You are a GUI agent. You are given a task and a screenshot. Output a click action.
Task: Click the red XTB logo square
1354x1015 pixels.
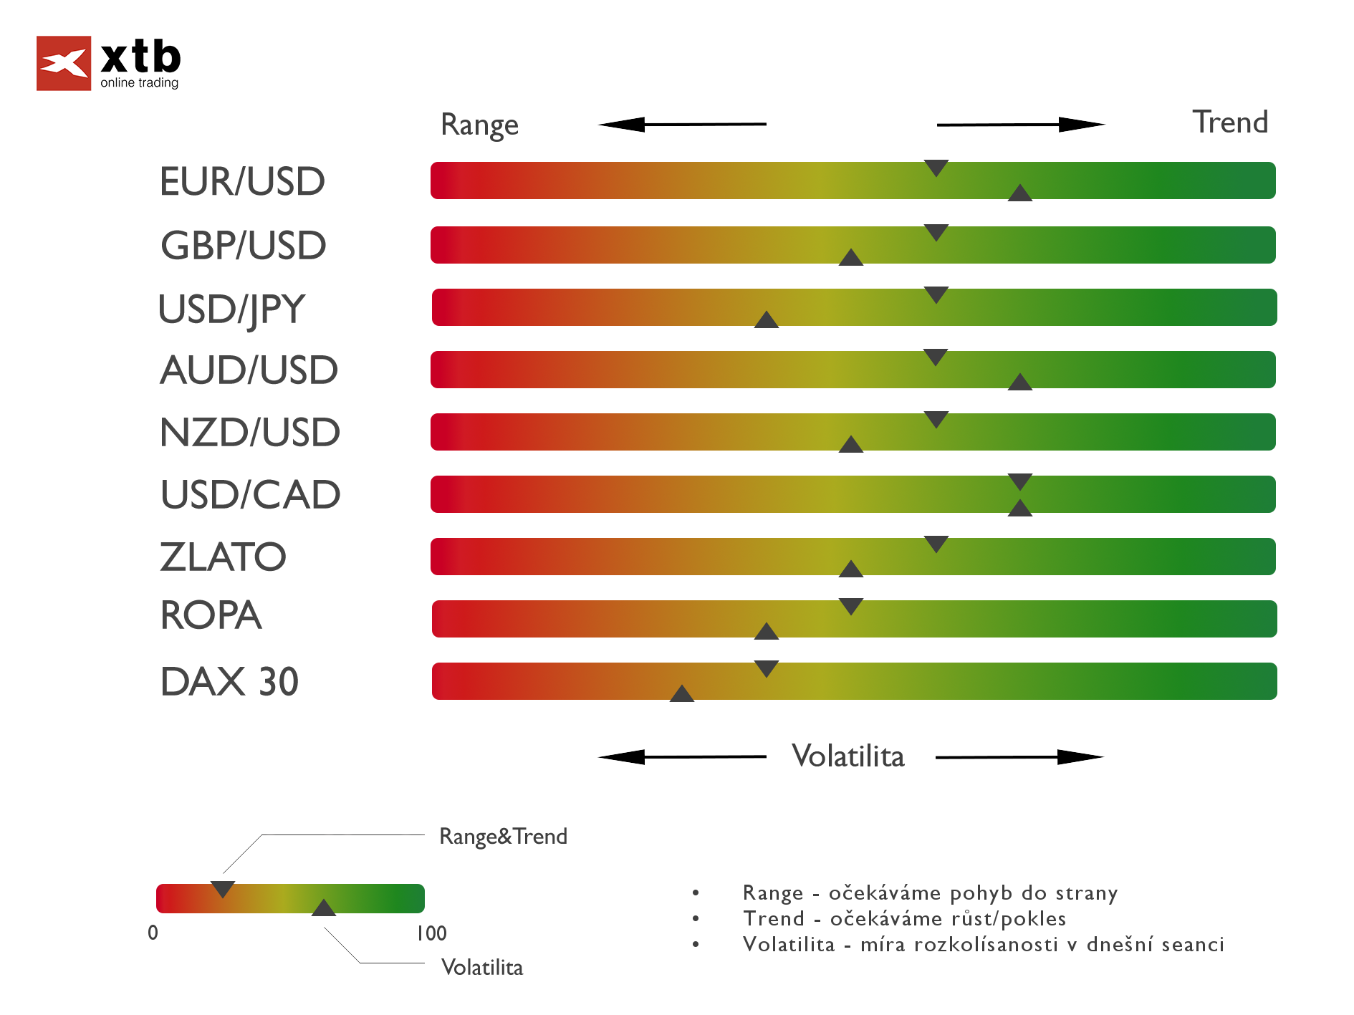tap(64, 63)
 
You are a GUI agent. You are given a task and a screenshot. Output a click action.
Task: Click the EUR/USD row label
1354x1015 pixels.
tap(242, 181)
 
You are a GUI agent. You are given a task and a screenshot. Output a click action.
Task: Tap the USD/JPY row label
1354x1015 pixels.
tap(231, 309)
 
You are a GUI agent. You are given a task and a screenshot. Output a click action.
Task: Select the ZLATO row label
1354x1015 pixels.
tap(223, 557)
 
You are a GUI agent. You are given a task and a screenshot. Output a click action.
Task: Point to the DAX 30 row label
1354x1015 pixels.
tap(229, 681)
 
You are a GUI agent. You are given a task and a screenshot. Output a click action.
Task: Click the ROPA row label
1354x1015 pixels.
tap(211, 615)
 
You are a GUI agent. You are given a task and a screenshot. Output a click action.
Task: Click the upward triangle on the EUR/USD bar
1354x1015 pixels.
tap(1019, 193)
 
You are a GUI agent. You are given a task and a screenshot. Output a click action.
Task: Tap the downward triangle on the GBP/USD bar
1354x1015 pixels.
tap(936, 232)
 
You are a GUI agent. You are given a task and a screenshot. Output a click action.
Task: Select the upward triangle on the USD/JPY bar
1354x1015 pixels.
tap(766, 320)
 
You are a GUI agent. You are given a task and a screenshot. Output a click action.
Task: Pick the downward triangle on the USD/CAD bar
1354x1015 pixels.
tap(1019, 481)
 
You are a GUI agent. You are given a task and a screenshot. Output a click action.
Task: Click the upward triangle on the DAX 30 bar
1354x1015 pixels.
tap(681, 694)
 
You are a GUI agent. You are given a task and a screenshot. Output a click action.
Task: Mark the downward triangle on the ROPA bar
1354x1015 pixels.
tap(850, 606)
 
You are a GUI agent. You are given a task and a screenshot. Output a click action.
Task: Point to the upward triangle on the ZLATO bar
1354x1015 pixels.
tap(850, 569)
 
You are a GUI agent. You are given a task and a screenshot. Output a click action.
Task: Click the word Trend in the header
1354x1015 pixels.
tap(1229, 122)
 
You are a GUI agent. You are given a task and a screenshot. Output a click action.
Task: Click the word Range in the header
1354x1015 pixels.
tap(479, 125)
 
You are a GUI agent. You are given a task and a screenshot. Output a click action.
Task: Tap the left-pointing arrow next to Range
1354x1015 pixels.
tap(681, 125)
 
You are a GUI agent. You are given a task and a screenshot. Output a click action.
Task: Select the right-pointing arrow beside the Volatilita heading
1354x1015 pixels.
tap(1019, 757)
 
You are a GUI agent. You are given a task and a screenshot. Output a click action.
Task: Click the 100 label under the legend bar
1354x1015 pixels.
tap(431, 933)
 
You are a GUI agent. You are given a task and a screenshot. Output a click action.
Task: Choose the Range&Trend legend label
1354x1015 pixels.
tap(503, 837)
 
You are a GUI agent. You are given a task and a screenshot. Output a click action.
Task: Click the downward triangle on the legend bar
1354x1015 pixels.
tap(223, 889)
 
